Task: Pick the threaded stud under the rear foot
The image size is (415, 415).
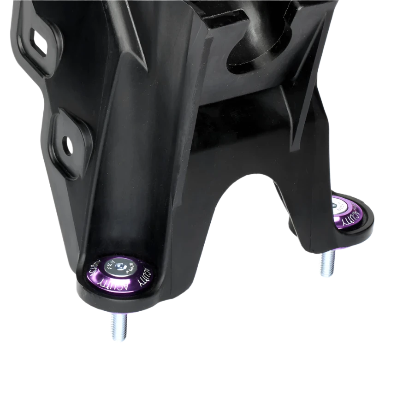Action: (326, 265)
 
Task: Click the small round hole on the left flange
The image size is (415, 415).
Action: (68, 144)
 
